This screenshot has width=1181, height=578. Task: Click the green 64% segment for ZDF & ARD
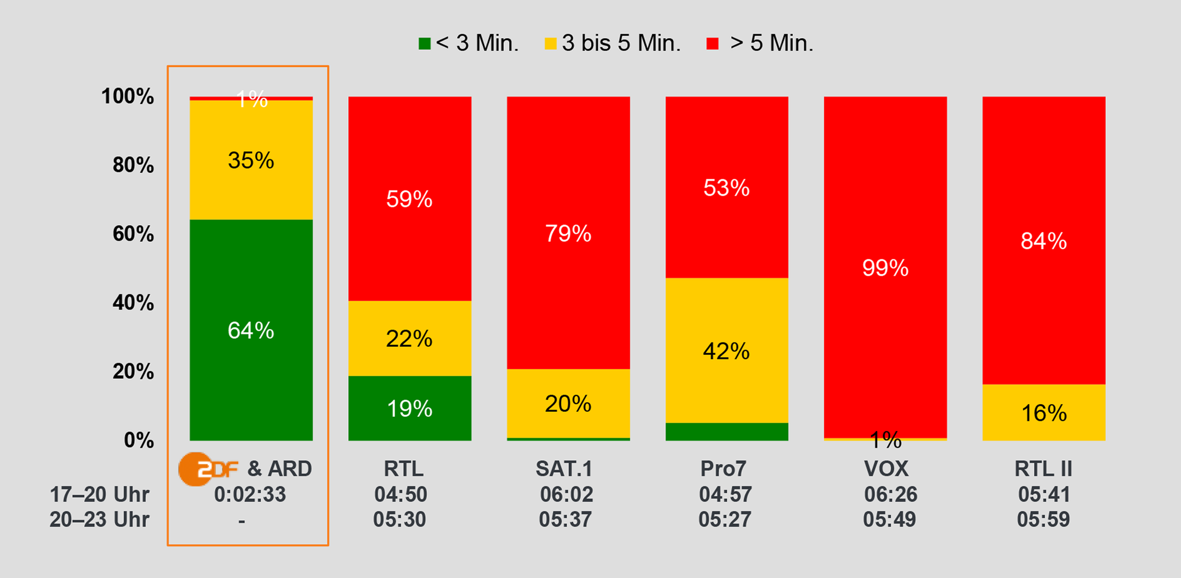251,330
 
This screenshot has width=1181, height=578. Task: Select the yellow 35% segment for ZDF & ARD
251,160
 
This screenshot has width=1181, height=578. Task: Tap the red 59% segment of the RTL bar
410,199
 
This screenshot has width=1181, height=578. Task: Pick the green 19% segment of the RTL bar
410,408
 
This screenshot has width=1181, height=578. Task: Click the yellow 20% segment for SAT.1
568,403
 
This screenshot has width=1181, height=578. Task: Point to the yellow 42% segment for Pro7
726,350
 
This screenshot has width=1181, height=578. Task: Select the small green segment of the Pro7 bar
726,432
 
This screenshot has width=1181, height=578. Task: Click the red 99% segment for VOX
885,267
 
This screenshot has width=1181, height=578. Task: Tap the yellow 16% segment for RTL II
1044,413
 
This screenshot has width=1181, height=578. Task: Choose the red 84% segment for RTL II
1044,240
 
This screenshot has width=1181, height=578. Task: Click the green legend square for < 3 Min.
424,44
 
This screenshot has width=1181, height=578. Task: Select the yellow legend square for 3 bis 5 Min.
551,44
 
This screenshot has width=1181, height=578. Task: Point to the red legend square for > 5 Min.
712,44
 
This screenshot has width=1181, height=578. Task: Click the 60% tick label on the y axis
133,234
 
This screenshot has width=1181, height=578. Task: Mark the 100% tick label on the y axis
127,96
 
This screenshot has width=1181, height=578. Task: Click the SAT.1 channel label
564,469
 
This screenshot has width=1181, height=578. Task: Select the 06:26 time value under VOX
890,494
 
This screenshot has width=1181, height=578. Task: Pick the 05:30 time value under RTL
399,520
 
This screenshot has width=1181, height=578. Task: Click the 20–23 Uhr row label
99,520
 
